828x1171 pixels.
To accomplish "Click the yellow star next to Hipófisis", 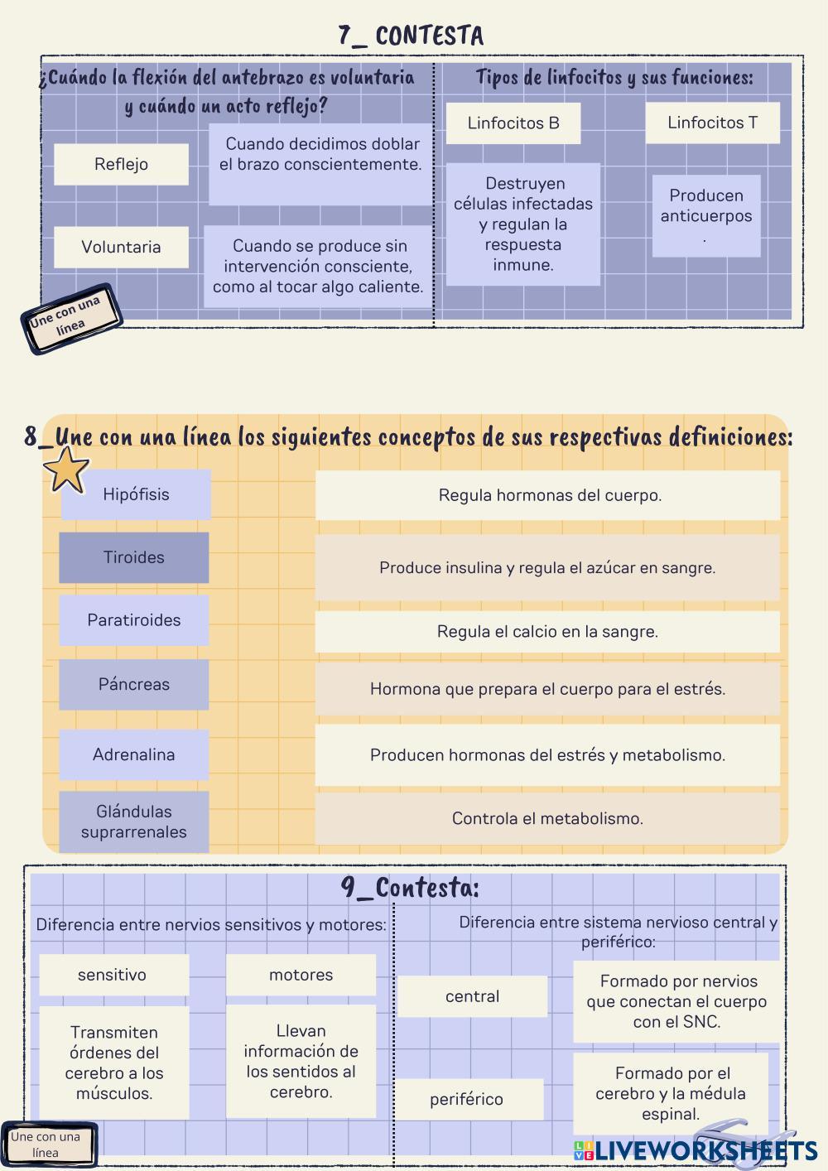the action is (65, 470).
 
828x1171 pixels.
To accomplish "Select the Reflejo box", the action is (121, 164).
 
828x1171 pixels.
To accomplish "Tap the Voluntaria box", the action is (121, 247).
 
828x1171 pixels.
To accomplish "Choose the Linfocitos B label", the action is (513, 123).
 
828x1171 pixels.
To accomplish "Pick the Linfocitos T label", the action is (712, 123).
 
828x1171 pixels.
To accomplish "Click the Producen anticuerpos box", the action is (706, 215).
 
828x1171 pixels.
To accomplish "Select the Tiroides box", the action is (133, 557).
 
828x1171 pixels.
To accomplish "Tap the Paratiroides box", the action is (133, 620).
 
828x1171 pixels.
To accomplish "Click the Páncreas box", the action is (133, 684).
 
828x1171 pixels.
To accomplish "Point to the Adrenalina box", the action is (133, 754).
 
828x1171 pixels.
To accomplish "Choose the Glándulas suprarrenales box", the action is (133, 822).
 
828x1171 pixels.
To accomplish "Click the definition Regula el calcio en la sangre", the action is (547, 632).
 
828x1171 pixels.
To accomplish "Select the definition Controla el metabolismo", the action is (547, 818).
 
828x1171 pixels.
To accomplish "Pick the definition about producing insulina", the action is (547, 567).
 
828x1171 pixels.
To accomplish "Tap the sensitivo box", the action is (113, 975).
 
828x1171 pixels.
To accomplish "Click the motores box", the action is (301, 975).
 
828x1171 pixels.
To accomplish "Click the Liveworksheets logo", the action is (696, 1149).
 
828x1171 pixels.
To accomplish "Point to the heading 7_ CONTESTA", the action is (411, 36).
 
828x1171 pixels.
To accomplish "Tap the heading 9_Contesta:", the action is (410, 887).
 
